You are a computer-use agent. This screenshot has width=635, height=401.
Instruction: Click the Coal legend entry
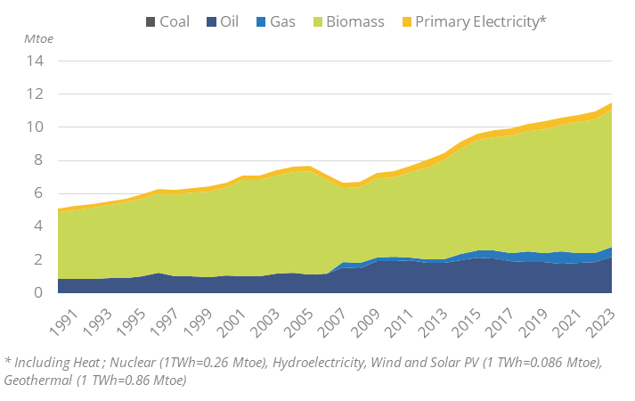point(168,21)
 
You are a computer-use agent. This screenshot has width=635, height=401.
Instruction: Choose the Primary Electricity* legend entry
point(471,21)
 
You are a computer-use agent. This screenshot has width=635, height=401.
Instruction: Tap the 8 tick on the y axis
point(38,160)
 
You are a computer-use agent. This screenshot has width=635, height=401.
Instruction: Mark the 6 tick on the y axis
point(38,193)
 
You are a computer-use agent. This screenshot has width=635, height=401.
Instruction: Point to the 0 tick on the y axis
point(38,292)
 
